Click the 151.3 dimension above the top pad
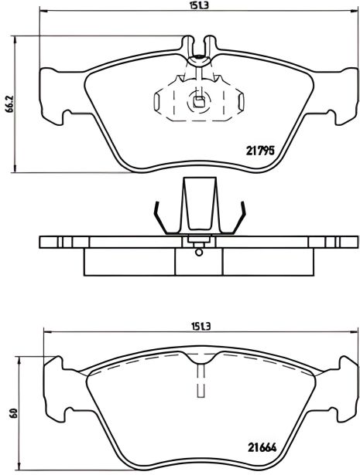pyautogui.click(x=201, y=7)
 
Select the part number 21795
pyautogui.click(x=260, y=151)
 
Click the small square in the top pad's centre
pyautogui.click(x=199, y=98)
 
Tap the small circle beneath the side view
pyautogui.click(x=199, y=251)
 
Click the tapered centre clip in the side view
pyautogui.click(x=199, y=205)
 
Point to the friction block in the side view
pyautogui.click(x=199, y=262)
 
